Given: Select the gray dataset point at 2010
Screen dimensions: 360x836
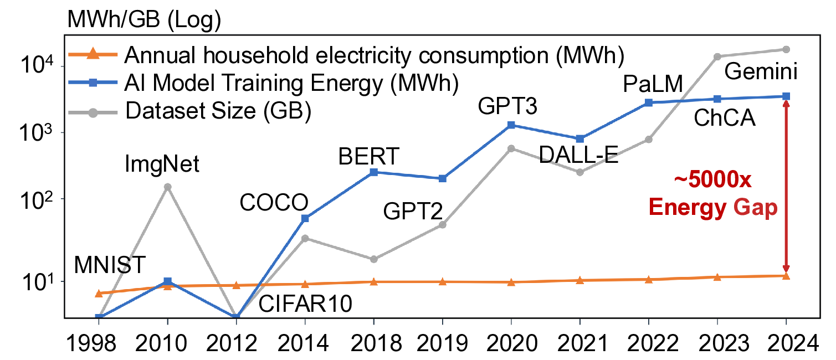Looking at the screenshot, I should coord(167,187).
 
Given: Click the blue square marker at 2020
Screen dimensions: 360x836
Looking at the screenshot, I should coord(511,125).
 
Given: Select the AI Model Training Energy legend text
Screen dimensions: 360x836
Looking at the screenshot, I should coord(291,83).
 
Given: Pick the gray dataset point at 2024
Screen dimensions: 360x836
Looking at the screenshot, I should coord(786,49).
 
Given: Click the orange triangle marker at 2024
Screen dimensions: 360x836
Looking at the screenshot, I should coord(786,275).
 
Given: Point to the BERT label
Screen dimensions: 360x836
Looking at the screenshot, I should coord(368,157).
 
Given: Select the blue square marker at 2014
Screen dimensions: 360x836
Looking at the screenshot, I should coord(305,218).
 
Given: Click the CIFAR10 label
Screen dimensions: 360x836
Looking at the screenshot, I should coord(305,304).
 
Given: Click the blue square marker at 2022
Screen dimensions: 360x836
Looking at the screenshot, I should coord(649,102).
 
